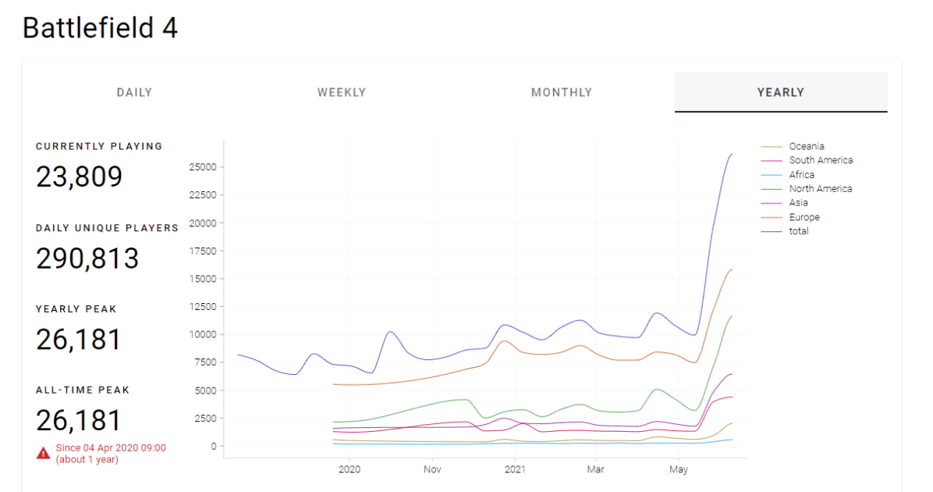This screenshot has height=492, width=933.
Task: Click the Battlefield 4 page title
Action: click(x=100, y=28)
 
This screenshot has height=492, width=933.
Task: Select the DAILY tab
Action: click(x=134, y=92)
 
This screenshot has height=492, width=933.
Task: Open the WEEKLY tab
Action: click(x=342, y=92)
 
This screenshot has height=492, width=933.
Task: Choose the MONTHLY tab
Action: click(x=562, y=92)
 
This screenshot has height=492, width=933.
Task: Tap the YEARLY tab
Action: click(x=781, y=92)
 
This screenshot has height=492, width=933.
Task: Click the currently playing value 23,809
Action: click(x=79, y=176)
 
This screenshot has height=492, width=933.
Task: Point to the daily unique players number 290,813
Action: click(x=87, y=258)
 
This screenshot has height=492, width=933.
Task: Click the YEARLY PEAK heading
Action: click(x=76, y=309)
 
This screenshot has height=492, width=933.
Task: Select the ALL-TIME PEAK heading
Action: click(x=83, y=390)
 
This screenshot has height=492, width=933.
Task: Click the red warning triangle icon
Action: click(x=44, y=453)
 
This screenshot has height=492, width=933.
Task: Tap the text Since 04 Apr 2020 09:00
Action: click(x=111, y=448)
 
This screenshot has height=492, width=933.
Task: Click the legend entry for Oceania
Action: click(x=793, y=146)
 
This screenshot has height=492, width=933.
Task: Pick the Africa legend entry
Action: click(x=788, y=174)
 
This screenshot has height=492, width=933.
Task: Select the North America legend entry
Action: click(x=807, y=188)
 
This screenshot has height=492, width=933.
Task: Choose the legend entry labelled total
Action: click(x=785, y=231)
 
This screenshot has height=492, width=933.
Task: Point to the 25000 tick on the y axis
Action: click(x=203, y=167)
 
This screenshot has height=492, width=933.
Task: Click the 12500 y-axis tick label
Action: click(x=203, y=307)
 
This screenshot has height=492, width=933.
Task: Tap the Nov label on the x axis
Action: click(x=433, y=469)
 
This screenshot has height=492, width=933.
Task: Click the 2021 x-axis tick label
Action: click(x=516, y=469)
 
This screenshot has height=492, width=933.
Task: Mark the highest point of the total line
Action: click(x=732, y=154)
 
